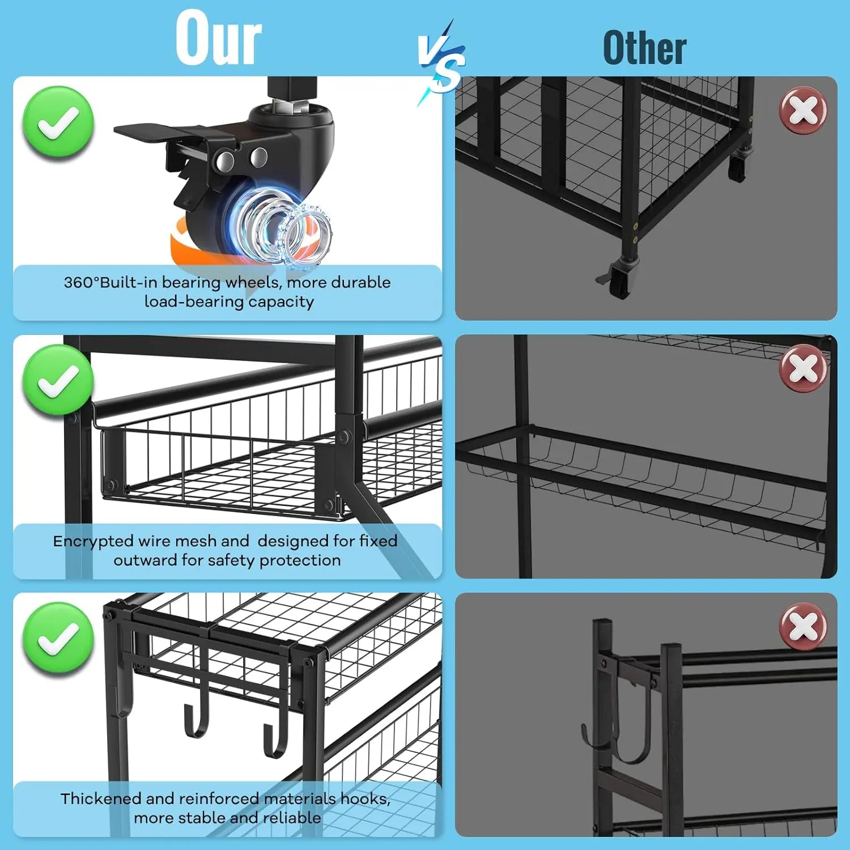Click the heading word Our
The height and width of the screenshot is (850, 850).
click(x=219, y=39)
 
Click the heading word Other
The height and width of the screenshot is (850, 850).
click(x=645, y=48)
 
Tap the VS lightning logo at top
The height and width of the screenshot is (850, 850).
click(x=442, y=61)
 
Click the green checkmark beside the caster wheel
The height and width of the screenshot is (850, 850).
click(x=58, y=122)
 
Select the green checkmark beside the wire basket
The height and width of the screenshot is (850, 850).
click(x=58, y=380)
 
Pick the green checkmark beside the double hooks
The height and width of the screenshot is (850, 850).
click(x=58, y=638)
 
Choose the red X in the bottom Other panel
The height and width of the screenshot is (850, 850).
click(x=803, y=626)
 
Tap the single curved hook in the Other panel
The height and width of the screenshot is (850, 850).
click(x=618, y=731)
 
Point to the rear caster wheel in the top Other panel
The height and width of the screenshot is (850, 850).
click(x=737, y=166)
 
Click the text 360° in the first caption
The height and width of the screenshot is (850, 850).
click(x=82, y=282)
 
